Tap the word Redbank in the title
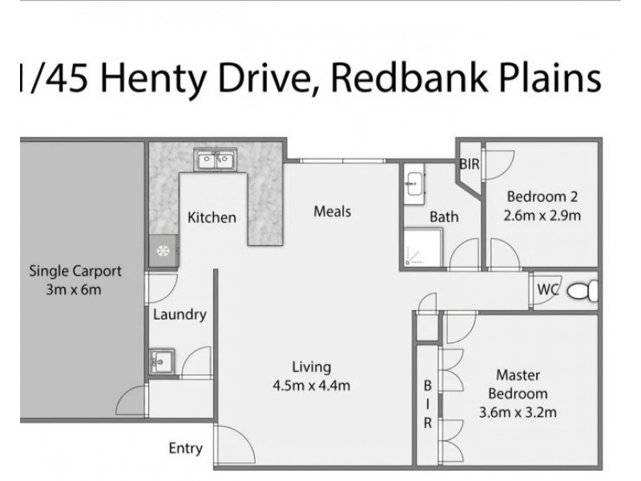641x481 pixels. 381,79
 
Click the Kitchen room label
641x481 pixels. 212,217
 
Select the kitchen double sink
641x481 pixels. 215,160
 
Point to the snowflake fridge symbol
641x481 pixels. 162,252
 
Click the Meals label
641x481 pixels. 332,212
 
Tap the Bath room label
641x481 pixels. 444,216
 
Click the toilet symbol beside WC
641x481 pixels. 582,290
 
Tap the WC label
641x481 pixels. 548,288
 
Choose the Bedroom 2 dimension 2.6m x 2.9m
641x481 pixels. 542,214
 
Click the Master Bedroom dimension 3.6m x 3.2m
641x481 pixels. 517,413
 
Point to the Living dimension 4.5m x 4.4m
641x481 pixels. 311,386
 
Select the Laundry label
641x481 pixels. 179,314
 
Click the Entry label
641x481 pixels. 185,448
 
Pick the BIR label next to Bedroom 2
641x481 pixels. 469,164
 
